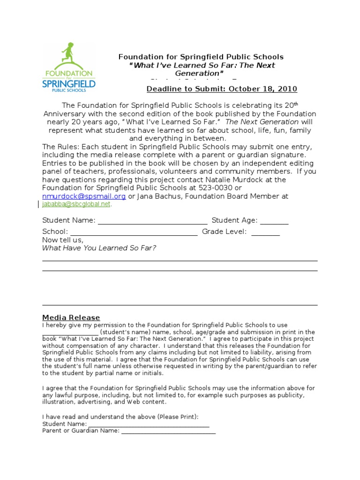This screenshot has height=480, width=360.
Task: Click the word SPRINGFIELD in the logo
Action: tap(69, 84)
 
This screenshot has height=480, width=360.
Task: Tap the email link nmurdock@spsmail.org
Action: tap(84, 196)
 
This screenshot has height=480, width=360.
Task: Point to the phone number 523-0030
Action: tap(214, 188)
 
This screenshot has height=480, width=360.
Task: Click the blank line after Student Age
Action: tap(274, 221)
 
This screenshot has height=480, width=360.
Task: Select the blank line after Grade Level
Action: tap(265, 232)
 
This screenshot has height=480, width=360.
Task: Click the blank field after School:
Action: tap(134, 232)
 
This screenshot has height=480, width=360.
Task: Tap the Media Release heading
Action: tap(71, 317)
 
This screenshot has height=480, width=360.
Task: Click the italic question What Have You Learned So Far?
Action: tap(99, 248)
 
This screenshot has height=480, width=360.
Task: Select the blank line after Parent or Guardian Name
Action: tap(168, 431)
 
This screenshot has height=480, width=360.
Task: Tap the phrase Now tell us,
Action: tap(63, 240)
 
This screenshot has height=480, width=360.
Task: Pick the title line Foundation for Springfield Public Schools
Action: tap(201, 57)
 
